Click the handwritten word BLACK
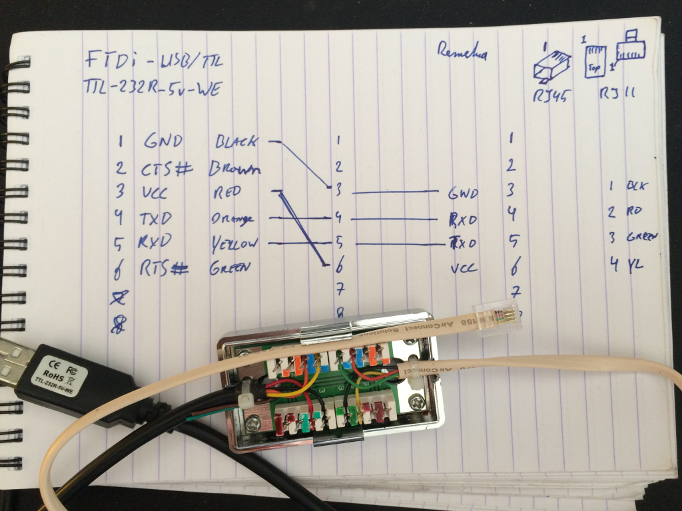tap(238, 142)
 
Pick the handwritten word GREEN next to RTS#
tap(230, 268)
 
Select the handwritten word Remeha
tap(462, 52)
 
